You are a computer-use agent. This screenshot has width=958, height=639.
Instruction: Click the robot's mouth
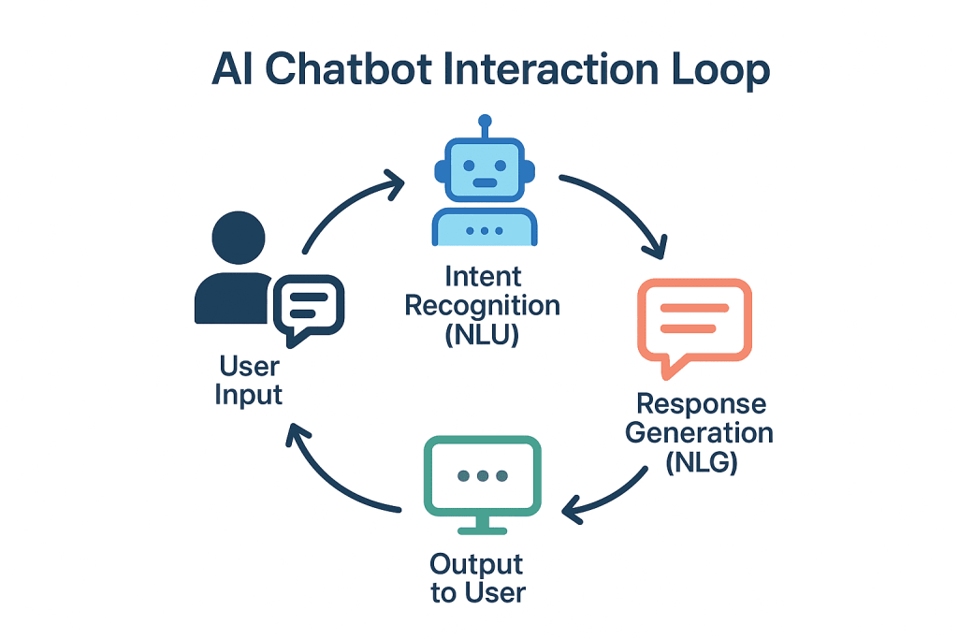tap(484, 183)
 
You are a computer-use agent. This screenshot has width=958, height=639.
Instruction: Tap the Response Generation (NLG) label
tap(700, 432)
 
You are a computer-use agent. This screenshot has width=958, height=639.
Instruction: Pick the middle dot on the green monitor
tap(483, 476)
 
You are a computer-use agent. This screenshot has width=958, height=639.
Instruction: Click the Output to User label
tap(477, 578)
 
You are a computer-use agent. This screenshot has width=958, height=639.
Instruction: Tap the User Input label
tap(248, 379)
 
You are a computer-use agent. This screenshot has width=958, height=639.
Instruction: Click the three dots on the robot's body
tap(484, 229)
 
